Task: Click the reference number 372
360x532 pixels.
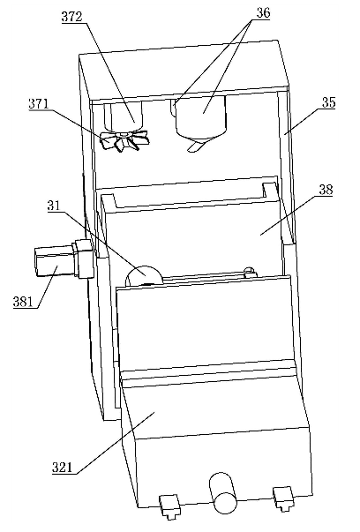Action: pyautogui.click(x=71, y=17)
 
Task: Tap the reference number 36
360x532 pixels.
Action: pyautogui.click(x=263, y=13)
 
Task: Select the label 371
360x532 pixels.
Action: pyautogui.click(x=38, y=103)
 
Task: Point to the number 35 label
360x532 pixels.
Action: pyautogui.click(x=328, y=102)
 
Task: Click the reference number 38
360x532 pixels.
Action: pyautogui.click(x=326, y=190)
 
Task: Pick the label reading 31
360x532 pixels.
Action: pyautogui.click(x=53, y=206)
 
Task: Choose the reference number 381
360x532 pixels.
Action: pyautogui.click(x=23, y=301)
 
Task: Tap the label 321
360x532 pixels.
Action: pyautogui.click(x=62, y=468)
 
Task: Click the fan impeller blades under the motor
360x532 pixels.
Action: pyautogui.click(x=124, y=141)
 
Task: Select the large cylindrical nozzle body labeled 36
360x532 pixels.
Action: pyautogui.click(x=201, y=117)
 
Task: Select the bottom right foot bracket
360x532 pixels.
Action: pyautogui.click(x=283, y=498)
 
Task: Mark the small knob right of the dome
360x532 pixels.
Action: pyautogui.click(x=250, y=272)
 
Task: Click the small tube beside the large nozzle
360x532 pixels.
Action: pyautogui.click(x=173, y=108)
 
